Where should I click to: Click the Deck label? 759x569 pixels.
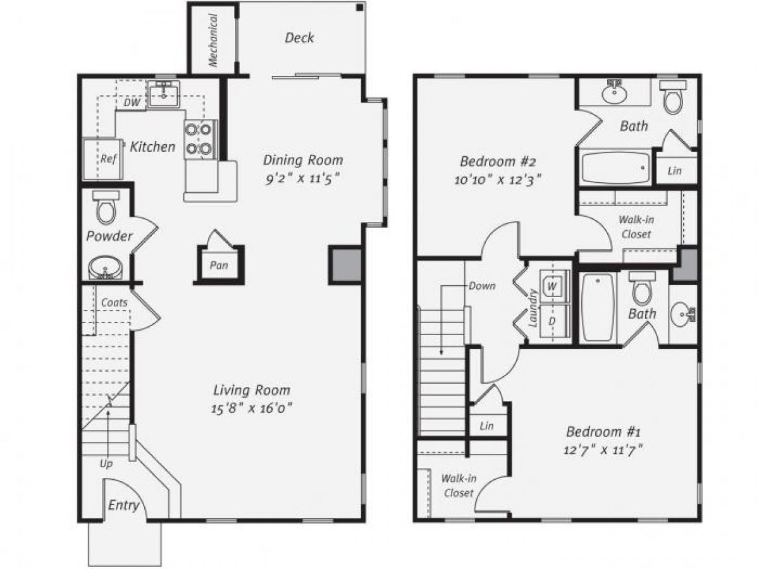coord(299,38)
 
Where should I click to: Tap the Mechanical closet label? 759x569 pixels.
coord(213,40)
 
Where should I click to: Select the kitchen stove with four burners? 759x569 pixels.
coord(200,139)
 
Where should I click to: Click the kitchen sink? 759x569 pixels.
coord(164,95)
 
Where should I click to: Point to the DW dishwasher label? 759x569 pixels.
coord(132,102)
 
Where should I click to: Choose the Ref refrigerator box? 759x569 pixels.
coord(102,158)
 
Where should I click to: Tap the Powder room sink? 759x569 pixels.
coord(105,267)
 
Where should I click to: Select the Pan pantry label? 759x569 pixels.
coord(219,266)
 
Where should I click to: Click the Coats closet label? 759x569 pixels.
coord(114,302)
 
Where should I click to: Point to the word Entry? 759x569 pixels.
coord(123,505)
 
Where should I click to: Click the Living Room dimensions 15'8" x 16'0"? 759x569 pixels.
coord(252,408)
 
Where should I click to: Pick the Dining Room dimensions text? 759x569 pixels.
coord(303,178)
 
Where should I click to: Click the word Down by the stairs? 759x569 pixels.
coord(482,286)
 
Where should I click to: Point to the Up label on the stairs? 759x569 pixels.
coord(106,463)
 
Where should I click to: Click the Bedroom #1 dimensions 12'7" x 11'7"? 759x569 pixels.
coord(603,450)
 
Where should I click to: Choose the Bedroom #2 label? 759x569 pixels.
coord(499,160)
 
